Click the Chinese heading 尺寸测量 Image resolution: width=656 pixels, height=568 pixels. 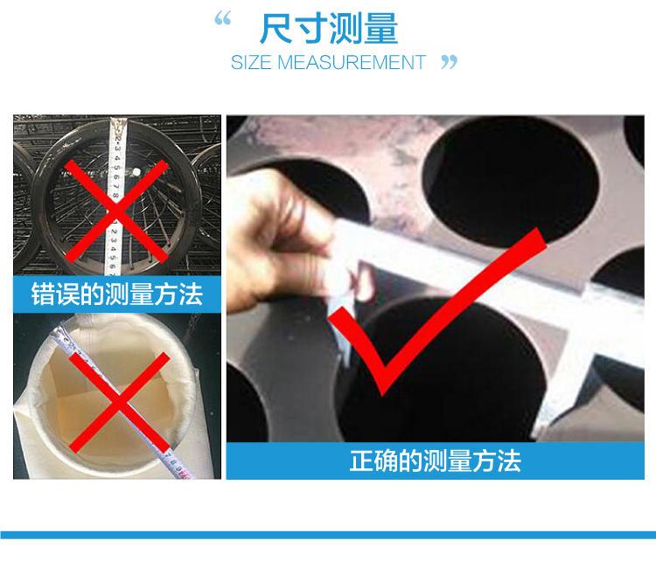[x=328, y=29]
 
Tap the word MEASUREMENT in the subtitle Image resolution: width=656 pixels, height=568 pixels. [x=352, y=62]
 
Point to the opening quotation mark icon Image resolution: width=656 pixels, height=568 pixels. [x=222, y=19]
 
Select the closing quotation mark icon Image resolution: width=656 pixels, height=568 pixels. [x=450, y=62]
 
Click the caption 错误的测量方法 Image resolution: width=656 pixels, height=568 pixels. [x=117, y=294]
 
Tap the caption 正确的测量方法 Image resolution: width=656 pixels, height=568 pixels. [x=435, y=461]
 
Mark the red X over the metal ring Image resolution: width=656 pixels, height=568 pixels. [x=116, y=211]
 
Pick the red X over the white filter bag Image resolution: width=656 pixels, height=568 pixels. [x=119, y=402]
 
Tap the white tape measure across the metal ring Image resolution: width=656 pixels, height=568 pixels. [x=115, y=197]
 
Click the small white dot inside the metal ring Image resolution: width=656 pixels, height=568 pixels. [x=136, y=172]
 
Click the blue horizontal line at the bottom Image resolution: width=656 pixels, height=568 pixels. [x=328, y=535]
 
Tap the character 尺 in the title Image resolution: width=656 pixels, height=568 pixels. [x=276, y=29]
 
